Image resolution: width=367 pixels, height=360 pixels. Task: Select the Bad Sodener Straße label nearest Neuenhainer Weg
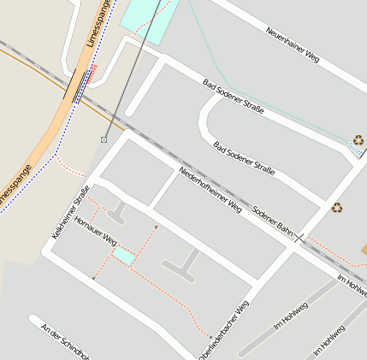pyautogui.click(x=233, y=97)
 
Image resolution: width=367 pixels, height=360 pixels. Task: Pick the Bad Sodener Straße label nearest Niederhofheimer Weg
pyautogui.click(x=245, y=158)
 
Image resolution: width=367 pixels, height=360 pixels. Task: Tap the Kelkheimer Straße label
pyautogui.click(x=70, y=212)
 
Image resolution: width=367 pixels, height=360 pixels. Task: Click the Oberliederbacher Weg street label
pyautogui.click(x=224, y=328)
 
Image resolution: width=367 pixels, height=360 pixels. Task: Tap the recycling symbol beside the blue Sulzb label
pyautogui.click(x=358, y=139)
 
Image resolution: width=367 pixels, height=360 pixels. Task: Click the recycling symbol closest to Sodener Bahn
pyautogui.click(x=337, y=207)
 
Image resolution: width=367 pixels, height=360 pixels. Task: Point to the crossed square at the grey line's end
pyautogui.click(x=104, y=139)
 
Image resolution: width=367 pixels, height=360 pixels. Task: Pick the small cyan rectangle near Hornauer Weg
pyautogui.click(x=124, y=256)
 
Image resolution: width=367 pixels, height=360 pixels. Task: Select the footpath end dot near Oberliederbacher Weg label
pyautogui.click(x=210, y=335)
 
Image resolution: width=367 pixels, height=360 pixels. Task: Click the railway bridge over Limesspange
pyautogui.click(x=79, y=86)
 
